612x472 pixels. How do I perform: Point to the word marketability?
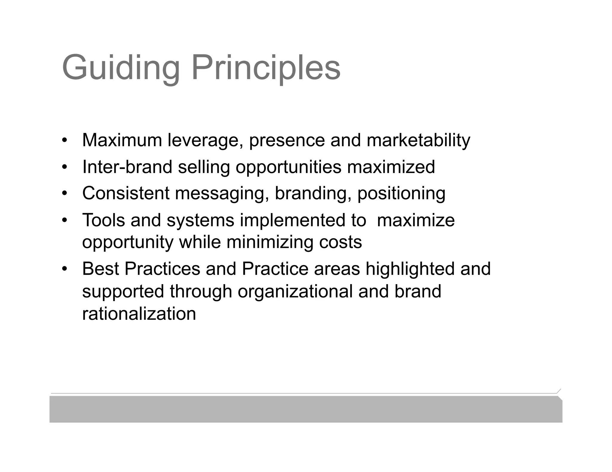click(418, 140)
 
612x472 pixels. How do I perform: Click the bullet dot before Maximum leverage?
click(64, 140)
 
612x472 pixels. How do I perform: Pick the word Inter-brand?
click(127, 167)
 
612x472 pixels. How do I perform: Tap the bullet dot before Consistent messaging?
click(64, 193)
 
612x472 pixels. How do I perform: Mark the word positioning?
click(401, 193)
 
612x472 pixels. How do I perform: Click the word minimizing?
click(270, 242)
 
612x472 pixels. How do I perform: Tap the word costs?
click(340, 242)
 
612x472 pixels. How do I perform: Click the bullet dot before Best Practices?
click(64, 269)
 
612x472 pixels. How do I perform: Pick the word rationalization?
click(139, 314)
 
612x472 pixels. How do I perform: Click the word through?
click(201, 291)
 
